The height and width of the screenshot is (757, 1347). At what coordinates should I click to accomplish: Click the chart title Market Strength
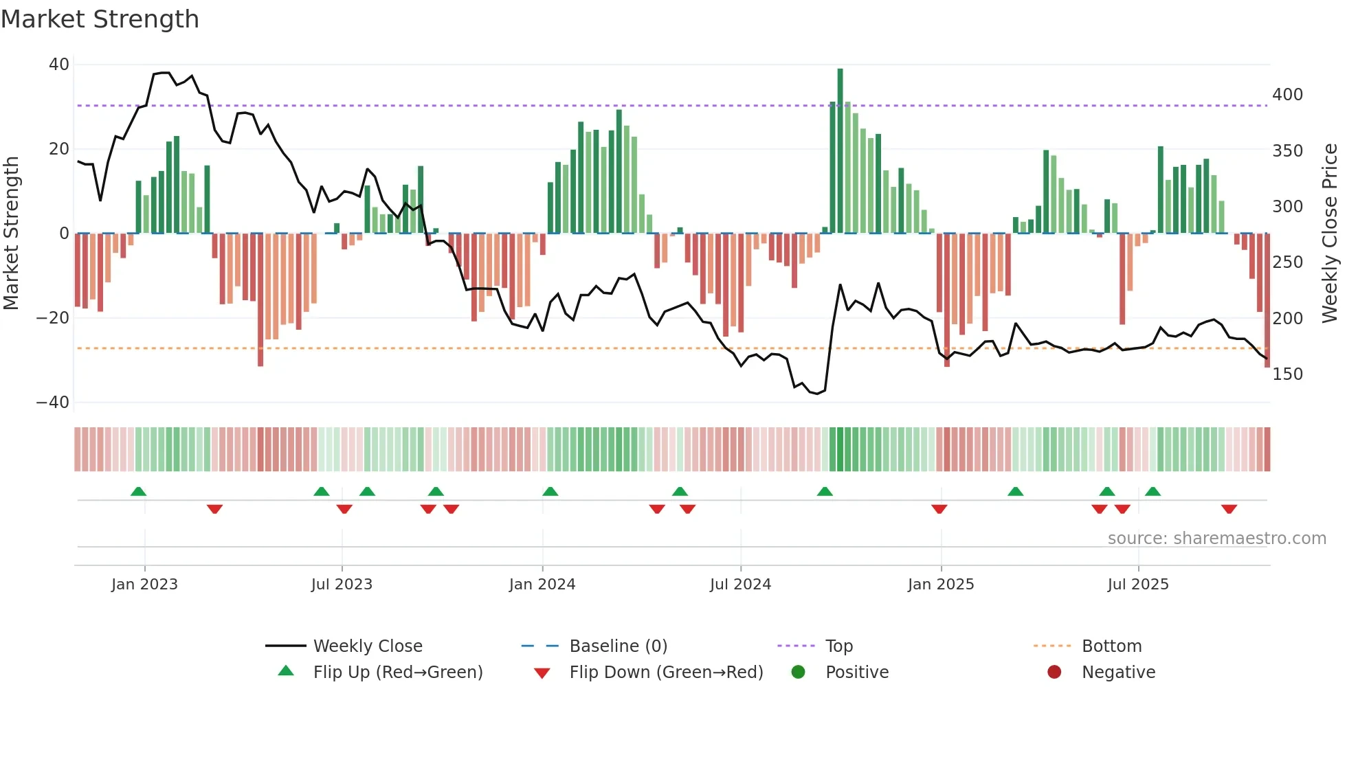(x=100, y=19)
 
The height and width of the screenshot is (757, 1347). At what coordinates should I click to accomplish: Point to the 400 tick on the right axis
(x=1287, y=95)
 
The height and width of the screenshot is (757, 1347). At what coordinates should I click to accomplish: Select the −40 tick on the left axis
(x=53, y=403)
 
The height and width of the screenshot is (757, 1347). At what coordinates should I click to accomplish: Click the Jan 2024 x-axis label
(x=542, y=585)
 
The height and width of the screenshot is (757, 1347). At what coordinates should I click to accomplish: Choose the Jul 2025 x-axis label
(x=1138, y=585)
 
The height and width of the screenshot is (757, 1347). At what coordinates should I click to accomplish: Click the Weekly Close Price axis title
(x=1331, y=234)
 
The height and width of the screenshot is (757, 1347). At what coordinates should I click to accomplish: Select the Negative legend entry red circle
(x=1054, y=673)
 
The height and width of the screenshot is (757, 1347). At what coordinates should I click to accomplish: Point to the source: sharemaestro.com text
(x=1216, y=539)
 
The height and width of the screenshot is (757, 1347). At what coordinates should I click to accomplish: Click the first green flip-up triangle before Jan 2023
(x=138, y=491)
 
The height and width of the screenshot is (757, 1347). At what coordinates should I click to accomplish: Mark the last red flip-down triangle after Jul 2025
(x=1229, y=509)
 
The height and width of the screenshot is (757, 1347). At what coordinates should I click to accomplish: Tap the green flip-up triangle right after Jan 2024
(x=550, y=491)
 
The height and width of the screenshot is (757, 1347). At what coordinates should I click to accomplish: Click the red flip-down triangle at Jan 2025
(x=939, y=509)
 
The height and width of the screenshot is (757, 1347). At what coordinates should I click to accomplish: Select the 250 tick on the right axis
(x=1287, y=262)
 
